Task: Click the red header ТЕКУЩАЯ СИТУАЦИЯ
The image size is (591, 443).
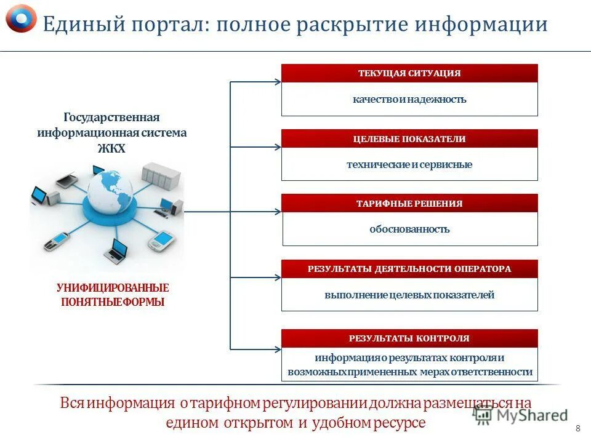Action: click(x=409, y=73)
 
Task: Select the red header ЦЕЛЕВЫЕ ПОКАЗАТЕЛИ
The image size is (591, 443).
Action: click(x=409, y=139)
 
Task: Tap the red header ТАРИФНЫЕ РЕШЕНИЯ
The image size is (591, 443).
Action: click(x=409, y=204)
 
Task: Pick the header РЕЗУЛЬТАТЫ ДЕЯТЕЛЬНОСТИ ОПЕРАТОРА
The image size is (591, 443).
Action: click(x=409, y=269)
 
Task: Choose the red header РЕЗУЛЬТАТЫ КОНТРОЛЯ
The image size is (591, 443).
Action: click(x=409, y=338)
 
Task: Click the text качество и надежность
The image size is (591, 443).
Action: click(x=409, y=99)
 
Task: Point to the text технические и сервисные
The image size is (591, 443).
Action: click(x=409, y=165)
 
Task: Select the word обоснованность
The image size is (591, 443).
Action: click(x=409, y=229)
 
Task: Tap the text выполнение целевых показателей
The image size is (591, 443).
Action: click(x=409, y=295)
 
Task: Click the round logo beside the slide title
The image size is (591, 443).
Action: click(x=21, y=18)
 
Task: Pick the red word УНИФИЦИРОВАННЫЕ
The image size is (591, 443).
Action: click(x=113, y=288)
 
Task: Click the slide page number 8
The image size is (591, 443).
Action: click(x=577, y=428)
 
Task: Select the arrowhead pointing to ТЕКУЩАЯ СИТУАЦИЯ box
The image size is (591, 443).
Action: click(x=277, y=81)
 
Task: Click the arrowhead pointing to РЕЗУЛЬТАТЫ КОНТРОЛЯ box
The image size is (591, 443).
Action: click(x=277, y=349)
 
